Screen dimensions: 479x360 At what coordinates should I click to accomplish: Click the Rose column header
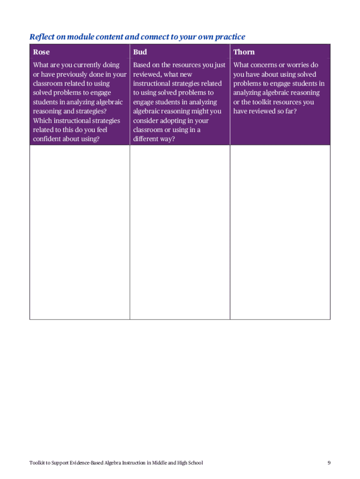point(41,52)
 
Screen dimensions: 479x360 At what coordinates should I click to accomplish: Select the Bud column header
point(140,52)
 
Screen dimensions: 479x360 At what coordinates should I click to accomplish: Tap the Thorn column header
point(244,52)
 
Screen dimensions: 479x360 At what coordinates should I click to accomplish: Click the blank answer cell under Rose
point(79,232)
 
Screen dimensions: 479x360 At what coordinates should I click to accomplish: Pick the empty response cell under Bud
point(180,232)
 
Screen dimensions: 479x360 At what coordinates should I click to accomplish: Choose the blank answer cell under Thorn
point(280,232)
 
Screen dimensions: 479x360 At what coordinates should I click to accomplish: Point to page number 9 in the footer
point(329,463)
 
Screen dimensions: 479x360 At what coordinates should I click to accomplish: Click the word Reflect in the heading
point(41,36)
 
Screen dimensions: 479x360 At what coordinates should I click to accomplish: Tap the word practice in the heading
point(229,36)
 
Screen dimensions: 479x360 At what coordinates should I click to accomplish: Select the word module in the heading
point(78,36)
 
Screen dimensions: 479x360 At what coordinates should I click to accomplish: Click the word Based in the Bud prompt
point(142,65)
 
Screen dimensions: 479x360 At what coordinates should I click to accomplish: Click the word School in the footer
point(194,463)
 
